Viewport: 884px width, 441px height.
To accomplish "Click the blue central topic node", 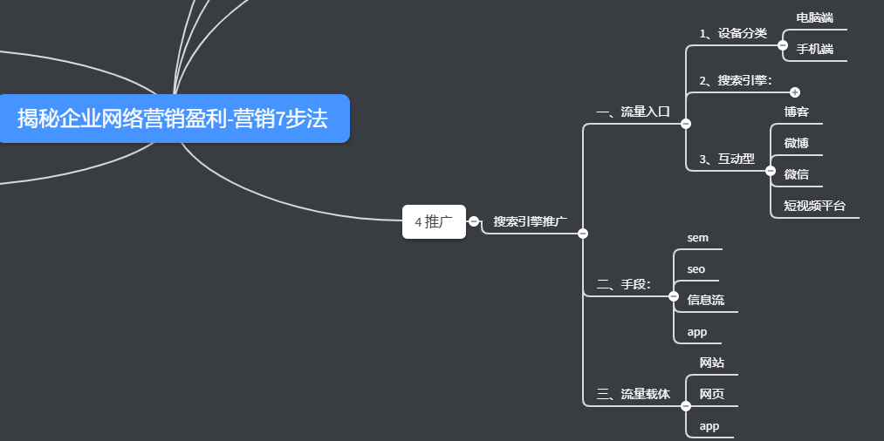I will point(173,119).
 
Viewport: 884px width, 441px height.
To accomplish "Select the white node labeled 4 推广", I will point(434,221).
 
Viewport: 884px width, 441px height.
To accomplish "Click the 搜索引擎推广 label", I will point(530,221).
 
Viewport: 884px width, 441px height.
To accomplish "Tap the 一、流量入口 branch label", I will point(633,112).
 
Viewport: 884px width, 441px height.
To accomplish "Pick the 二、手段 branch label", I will point(623,284).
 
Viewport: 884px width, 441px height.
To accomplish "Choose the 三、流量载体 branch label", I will point(633,394).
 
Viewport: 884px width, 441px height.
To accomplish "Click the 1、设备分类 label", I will point(733,33).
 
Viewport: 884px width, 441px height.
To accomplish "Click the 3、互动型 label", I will point(726,159).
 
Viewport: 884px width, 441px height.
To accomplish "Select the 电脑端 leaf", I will point(814,17).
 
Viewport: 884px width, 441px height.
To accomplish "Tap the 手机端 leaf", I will point(814,49).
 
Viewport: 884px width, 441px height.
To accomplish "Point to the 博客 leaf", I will point(796,112).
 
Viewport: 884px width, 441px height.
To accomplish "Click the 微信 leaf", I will point(796,174).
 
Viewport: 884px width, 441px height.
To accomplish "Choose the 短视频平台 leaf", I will point(814,206).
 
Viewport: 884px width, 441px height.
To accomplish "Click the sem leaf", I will point(697,237).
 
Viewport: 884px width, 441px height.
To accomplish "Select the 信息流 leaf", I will point(705,300).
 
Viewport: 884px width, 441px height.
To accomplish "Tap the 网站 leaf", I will point(711,363).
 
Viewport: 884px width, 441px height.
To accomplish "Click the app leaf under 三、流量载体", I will point(709,425).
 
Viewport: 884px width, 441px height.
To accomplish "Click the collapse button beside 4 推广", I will point(474,221).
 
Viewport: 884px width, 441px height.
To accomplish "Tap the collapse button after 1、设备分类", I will point(782,45).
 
